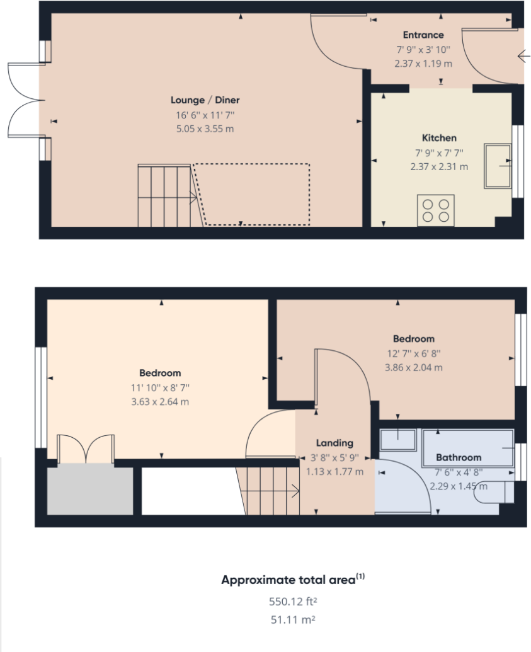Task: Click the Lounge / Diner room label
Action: tap(205, 100)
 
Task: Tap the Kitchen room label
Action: tap(439, 138)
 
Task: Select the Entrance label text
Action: tap(423, 35)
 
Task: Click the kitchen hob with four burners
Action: tap(436, 210)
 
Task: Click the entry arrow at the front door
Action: tap(523, 57)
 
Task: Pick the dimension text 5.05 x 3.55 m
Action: tap(205, 129)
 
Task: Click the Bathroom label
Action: tap(459, 457)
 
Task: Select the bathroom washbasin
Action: tap(397, 440)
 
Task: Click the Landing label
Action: tap(334, 443)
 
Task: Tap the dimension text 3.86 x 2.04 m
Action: tap(414, 367)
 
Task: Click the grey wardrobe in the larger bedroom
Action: tap(89, 489)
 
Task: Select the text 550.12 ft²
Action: tap(293, 601)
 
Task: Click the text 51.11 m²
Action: tap(293, 620)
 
